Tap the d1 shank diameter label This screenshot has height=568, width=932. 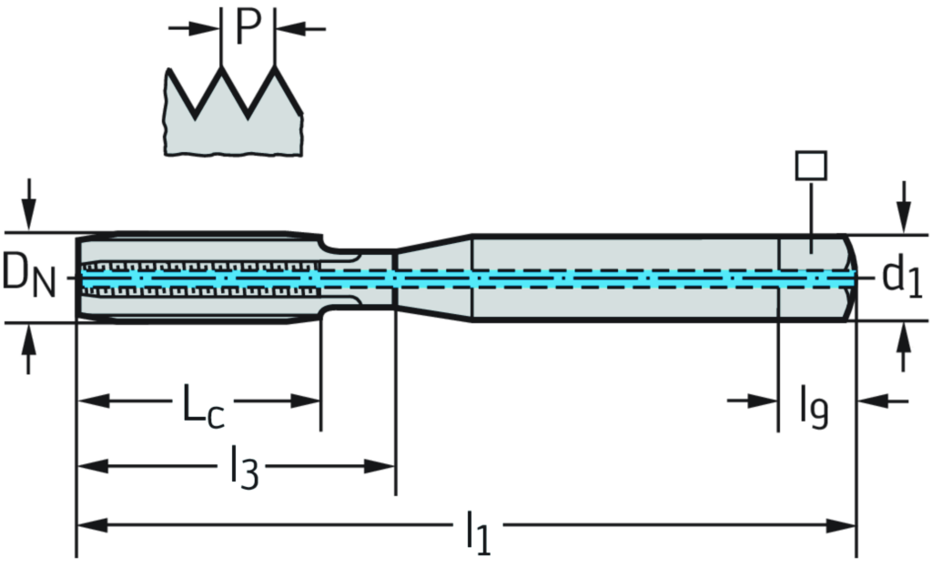point(902,277)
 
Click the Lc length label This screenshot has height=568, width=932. point(202,403)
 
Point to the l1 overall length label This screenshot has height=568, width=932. point(478,529)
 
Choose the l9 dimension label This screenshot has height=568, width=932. point(815,407)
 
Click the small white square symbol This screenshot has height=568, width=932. point(810,166)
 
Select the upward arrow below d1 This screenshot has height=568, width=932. point(904,350)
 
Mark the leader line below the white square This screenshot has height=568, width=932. point(810,214)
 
